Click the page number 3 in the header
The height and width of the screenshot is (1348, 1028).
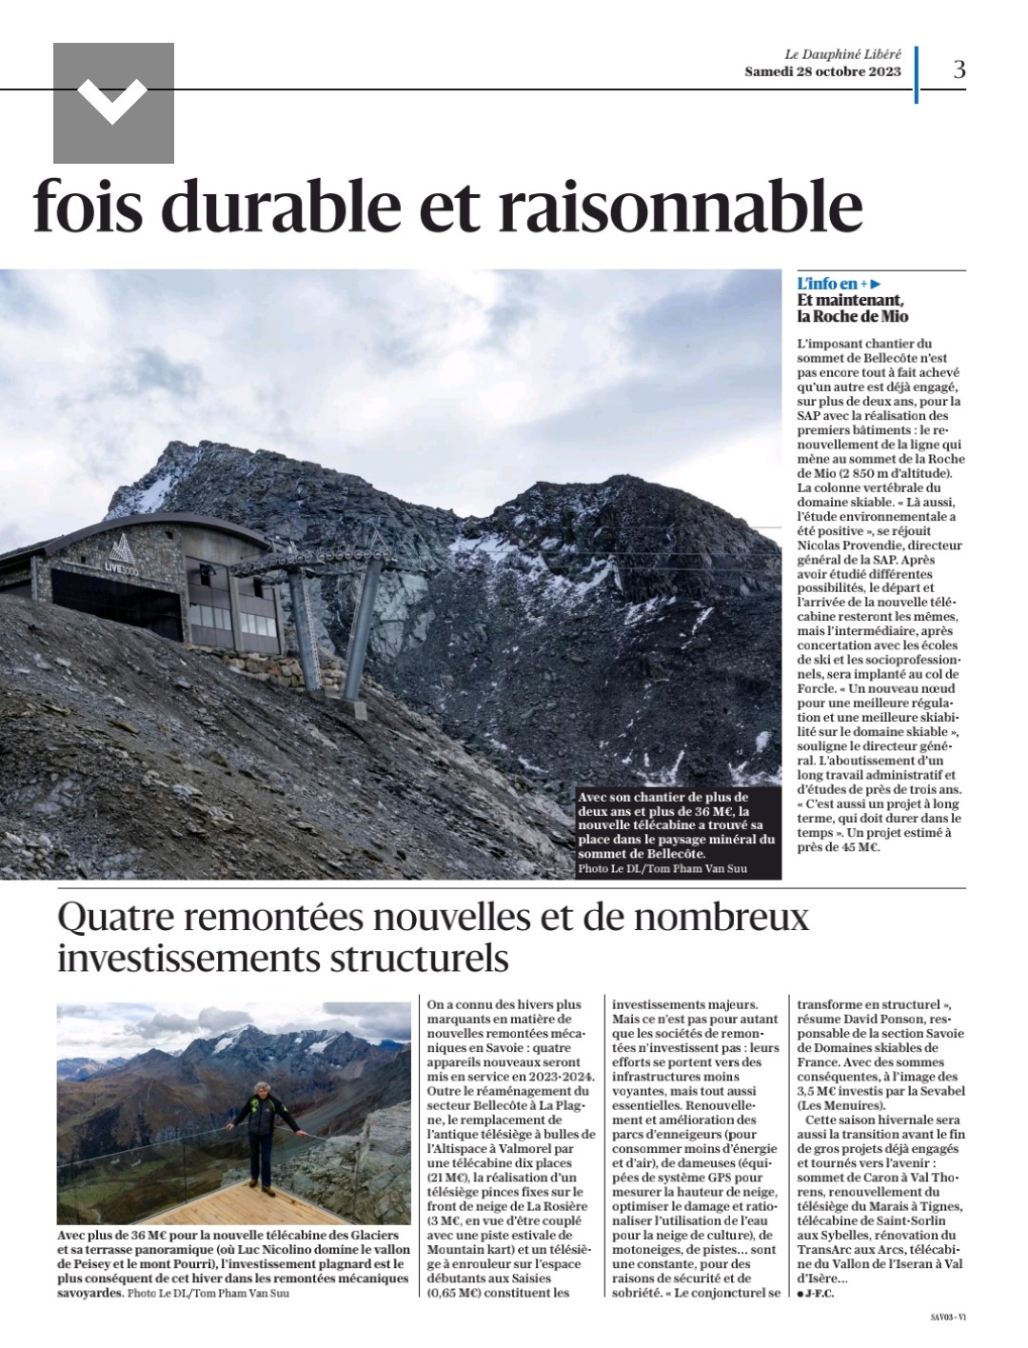coord(959,69)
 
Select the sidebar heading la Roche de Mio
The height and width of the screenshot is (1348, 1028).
coord(853,316)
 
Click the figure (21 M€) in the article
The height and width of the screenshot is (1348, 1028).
coord(450,1178)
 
